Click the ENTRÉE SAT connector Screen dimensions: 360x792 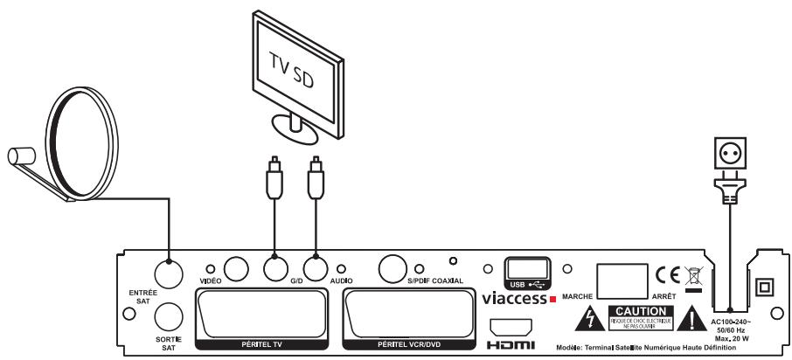tap(168, 270)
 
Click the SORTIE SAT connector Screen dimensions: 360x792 tap(168, 315)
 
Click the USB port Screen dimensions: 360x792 tap(527, 267)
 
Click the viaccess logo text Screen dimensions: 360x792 tap(514, 298)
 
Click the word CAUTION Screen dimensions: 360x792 tap(643, 311)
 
